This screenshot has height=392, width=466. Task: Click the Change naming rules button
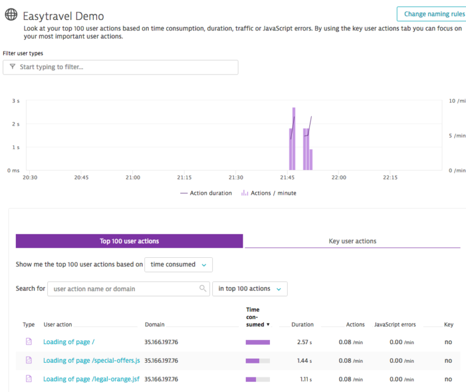(431, 14)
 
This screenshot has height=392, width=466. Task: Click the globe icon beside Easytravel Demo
(11, 15)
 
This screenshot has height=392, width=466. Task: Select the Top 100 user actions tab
(129, 241)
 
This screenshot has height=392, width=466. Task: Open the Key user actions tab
(352, 241)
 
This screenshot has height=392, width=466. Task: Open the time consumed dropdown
(178, 265)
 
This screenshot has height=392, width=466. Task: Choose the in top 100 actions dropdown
(249, 289)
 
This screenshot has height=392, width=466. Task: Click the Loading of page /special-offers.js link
(92, 360)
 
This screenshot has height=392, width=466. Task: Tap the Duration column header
(302, 325)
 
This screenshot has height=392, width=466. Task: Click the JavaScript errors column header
(395, 325)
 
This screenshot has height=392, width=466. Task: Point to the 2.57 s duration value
(303, 342)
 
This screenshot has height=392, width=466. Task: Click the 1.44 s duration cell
(303, 360)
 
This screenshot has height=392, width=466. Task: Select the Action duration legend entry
(206, 193)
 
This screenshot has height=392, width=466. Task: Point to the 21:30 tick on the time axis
(236, 178)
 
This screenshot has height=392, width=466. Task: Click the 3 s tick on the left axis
(16, 101)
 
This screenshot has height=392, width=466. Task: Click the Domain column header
(155, 325)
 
